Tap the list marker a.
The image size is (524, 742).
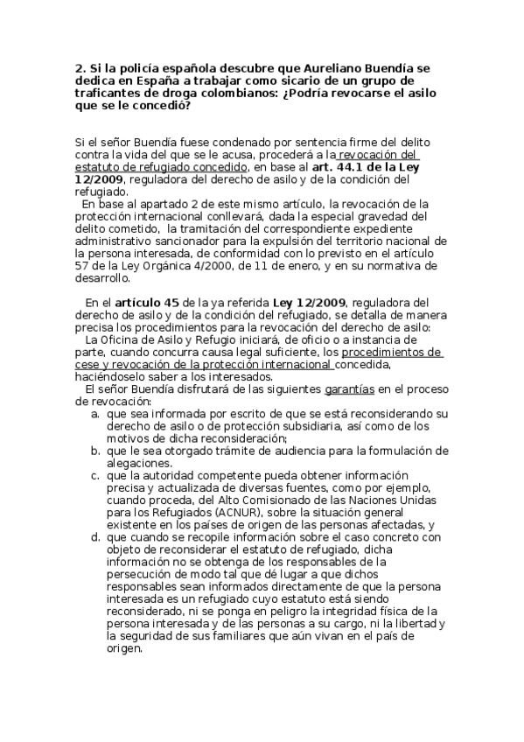pyautogui.click(x=94, y=412)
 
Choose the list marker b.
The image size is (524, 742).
pyautogui.click(x=94, y=450)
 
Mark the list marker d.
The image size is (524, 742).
pyautogui.click(x=94, y=536)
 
